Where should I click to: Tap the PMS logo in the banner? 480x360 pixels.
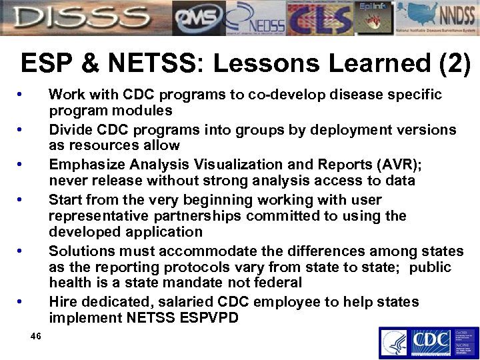197,18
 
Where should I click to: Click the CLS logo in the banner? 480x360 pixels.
319,18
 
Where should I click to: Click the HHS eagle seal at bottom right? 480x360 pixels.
394,343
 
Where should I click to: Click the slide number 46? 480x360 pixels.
36,336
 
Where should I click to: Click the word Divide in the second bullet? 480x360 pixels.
69,129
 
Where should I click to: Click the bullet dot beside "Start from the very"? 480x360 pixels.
23,200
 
